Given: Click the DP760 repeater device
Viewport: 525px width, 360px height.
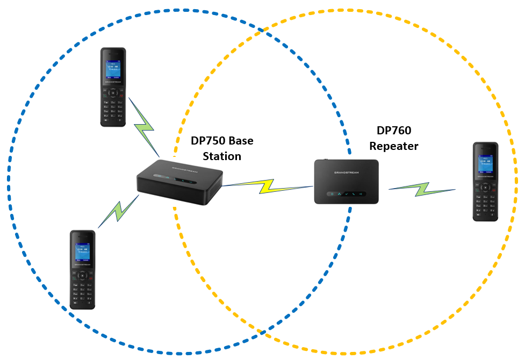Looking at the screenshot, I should tap(346, 181).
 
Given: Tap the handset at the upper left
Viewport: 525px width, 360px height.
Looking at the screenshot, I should tap(113, 87).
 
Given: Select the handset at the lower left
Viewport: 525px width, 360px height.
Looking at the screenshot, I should tap(82, 269).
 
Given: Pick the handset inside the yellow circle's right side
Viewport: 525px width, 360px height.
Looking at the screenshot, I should tap(485, 182).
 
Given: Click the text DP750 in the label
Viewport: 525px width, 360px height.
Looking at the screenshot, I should tap(207, 141).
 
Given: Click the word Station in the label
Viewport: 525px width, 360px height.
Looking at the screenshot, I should tap(221, 156).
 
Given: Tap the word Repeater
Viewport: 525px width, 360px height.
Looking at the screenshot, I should tap(393, 146).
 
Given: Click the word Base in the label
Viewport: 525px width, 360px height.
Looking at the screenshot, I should tap(241, 141).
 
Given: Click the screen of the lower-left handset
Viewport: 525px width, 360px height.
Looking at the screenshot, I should tap(82, 251).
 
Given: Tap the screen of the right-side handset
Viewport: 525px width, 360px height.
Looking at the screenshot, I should tap(485, 164).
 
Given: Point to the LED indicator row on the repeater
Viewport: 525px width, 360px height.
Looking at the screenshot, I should tap(346, 193).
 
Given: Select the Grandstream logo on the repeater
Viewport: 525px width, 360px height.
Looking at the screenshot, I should tap(346, 172).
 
